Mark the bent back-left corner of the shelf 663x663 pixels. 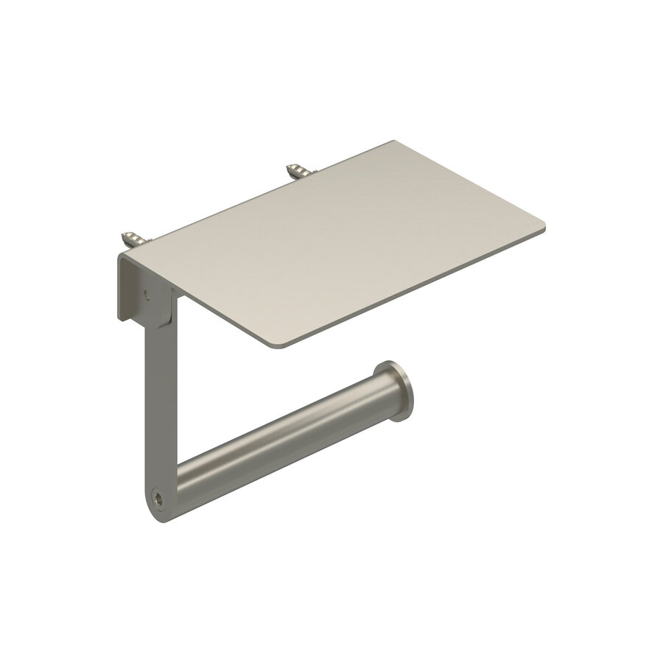[120, 256]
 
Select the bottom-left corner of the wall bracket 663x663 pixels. [119, 319]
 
